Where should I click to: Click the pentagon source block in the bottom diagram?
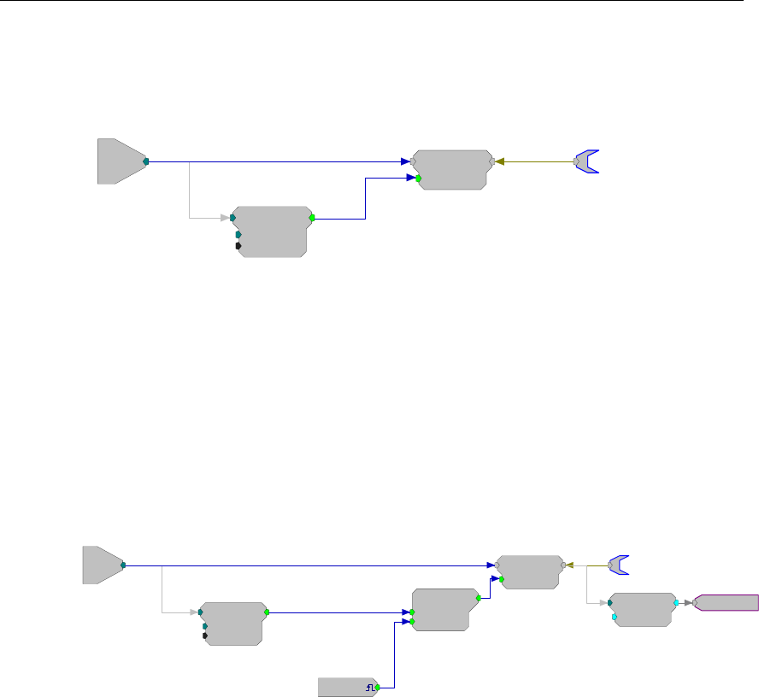tap(102, 565)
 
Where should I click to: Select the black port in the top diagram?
tap(238, 246)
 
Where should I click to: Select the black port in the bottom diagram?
tap(205, 635)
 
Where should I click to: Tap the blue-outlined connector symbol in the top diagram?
tap(587, 161)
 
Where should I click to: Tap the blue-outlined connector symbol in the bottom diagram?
tap(619, 565)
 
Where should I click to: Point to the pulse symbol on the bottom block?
tap(370, 663)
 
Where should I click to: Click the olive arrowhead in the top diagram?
tap(500, 161)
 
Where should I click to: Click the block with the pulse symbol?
tap(347, 663)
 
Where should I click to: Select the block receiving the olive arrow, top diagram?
tap(451, 169)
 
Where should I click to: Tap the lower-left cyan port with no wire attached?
tap(615, 617)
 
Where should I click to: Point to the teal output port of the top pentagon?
tap(146, 161)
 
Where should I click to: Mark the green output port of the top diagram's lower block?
tap(312, 218)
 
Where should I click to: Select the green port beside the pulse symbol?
tap(377, 663)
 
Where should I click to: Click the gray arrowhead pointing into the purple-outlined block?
tap(688, 603)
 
